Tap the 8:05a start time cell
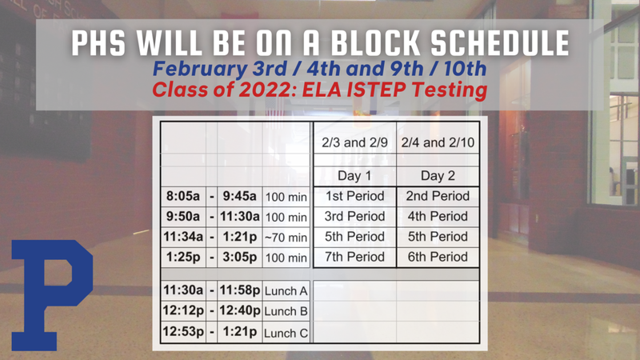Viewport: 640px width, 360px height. (183, 196)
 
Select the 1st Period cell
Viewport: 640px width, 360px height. (355, 196)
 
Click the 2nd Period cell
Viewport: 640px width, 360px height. (437, 196)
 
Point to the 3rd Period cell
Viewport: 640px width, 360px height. (355, 216)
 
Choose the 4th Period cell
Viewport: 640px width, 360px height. (437, 216)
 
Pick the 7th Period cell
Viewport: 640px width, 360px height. (355, 257)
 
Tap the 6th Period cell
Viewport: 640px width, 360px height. (437, 257)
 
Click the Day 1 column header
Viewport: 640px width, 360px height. (355, 176)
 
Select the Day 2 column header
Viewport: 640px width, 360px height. (437, 176)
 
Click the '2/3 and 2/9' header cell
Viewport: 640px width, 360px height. (355, 143)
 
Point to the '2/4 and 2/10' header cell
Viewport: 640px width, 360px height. (437, 143)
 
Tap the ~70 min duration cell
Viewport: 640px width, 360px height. (286, 238)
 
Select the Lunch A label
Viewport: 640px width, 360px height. (286, 290)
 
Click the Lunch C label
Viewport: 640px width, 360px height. (286, 332)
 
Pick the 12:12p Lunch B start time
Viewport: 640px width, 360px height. (183, 311)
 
